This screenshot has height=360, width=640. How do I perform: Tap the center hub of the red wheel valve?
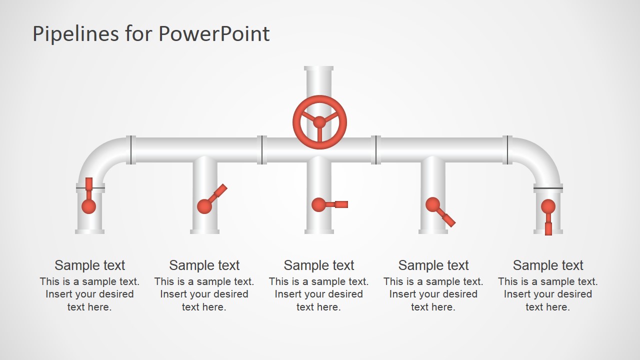(319, 122)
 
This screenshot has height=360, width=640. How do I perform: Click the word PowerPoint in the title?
(214, 34)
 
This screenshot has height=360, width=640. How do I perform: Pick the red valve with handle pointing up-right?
(204, 205)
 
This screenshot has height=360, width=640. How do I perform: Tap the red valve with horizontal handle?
(319, 204)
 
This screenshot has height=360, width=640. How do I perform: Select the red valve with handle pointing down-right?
(433, 204)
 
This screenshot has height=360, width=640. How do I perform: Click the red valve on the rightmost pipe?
(548, 206)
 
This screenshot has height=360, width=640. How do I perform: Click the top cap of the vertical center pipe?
(319, 68)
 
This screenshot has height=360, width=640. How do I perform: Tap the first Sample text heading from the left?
(90, 265)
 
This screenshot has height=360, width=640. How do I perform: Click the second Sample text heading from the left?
(204, 265)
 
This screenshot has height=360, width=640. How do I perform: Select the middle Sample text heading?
(319, 265)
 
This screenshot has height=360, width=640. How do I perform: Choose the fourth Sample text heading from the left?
(433, 265)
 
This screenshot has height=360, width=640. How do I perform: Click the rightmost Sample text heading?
(548, 265)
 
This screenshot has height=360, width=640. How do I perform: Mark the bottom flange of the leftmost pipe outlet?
(90, 231)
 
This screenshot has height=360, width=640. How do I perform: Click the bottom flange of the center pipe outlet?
(319, 231)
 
